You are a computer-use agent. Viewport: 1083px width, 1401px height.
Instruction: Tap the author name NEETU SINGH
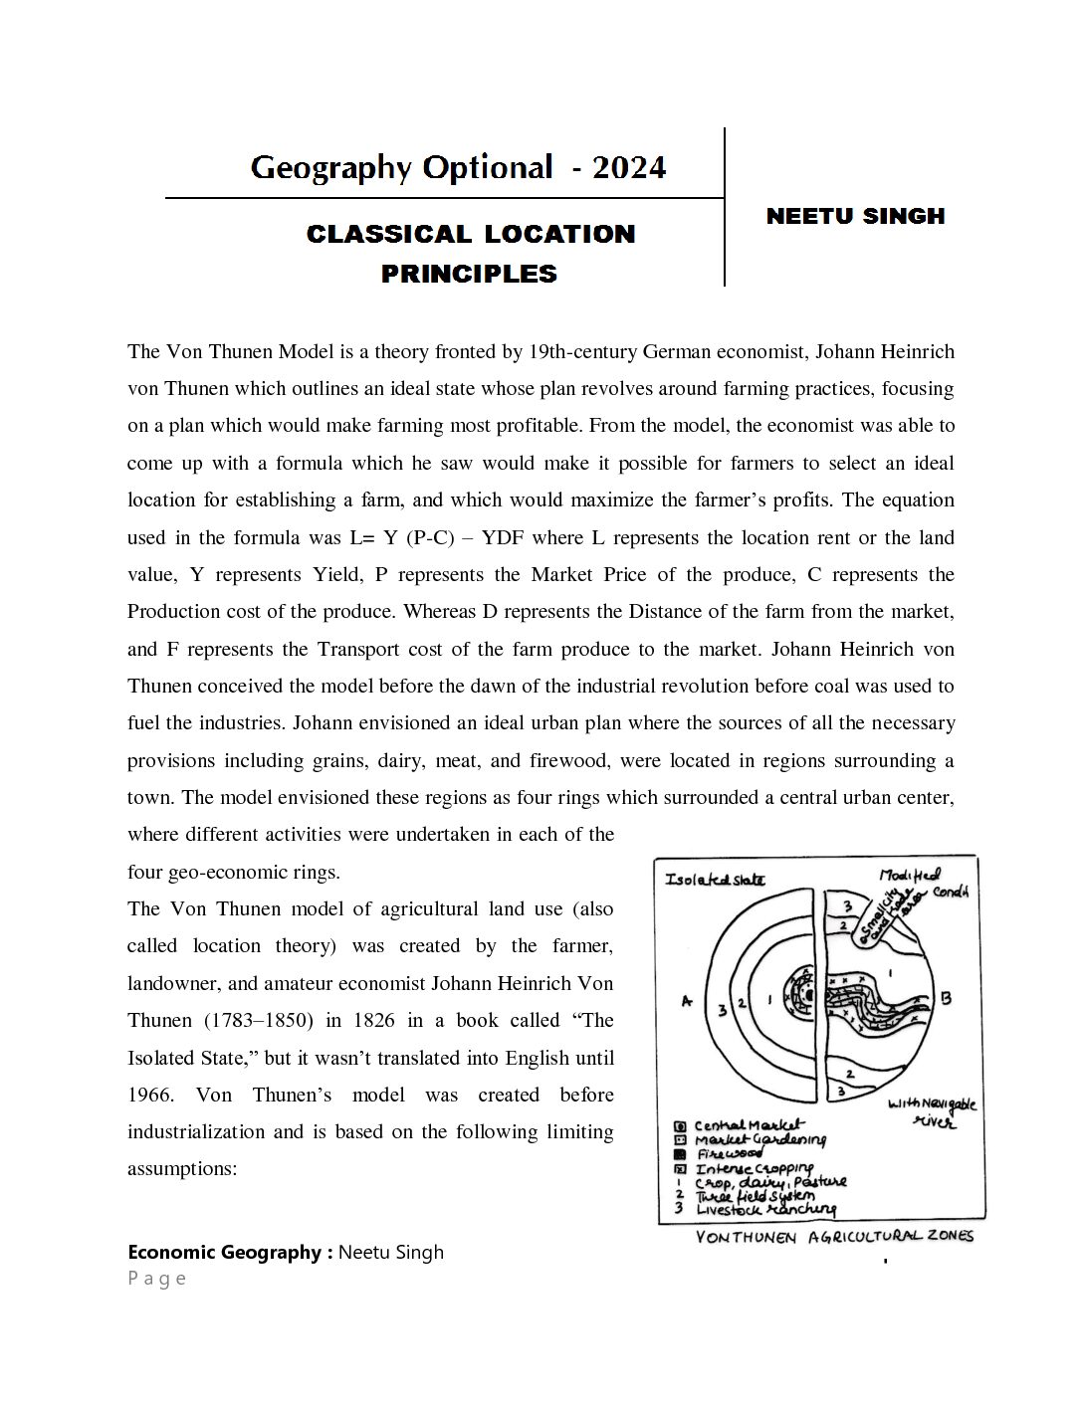(855, 216)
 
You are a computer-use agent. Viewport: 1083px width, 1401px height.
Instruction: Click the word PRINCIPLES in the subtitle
(469, 274)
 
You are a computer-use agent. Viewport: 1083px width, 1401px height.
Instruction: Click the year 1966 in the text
(151, 1095)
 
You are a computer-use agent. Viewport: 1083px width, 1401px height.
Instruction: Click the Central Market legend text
(750, 1125)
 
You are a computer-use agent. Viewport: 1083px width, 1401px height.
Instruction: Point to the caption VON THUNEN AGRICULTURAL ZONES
(834, 1237)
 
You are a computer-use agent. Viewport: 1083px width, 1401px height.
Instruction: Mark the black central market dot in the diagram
(810, 994)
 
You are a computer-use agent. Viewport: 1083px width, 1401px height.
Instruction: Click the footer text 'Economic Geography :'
(230, 1253)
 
